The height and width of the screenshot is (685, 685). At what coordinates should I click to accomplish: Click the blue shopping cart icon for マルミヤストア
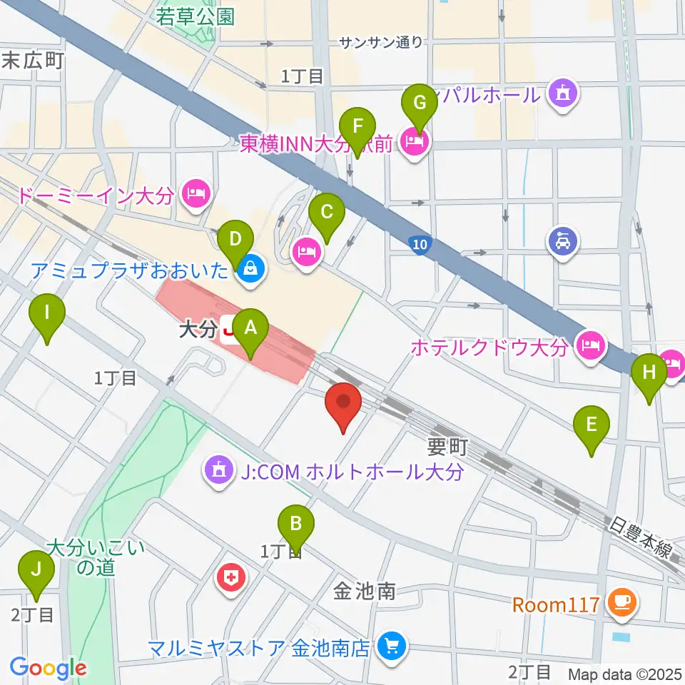coord(390,647)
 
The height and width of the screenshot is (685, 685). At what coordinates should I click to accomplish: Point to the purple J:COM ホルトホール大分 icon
coord(216,471)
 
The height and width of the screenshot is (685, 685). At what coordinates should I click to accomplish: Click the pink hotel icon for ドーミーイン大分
coord(195,193)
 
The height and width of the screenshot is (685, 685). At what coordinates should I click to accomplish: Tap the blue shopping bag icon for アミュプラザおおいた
coord(250,270)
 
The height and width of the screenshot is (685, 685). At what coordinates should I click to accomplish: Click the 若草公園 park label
coord(196,16)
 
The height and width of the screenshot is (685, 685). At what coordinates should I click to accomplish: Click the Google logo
coord(48,668)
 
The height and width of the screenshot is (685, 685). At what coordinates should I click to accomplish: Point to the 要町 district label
coord(447,447)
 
